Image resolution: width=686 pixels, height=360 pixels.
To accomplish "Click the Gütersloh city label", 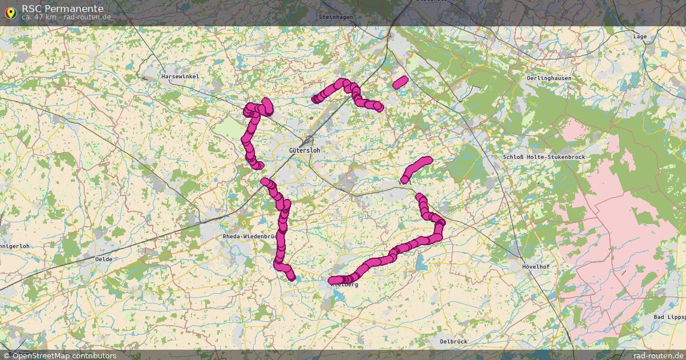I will tap(305, 150).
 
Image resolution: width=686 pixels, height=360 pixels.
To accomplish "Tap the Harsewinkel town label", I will tap(180, 76).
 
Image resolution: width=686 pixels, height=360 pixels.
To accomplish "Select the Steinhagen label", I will tap(336, 17).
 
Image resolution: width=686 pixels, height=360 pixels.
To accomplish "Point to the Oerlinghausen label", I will tap(549, 78).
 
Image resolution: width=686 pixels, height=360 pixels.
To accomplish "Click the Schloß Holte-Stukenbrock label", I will tap(544, 157).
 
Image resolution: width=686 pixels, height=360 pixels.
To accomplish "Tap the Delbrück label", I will tap(453, 341).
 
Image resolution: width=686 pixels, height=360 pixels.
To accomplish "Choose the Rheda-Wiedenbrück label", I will tap(250, 237).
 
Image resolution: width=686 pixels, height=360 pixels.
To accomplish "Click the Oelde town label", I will tap(103, 259).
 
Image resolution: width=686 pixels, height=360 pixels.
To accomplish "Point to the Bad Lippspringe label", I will tap(669, 317).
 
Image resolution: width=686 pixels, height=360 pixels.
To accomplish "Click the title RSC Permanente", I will tap(62, 9).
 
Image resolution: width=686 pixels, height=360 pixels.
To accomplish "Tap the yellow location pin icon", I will tap(10, 13).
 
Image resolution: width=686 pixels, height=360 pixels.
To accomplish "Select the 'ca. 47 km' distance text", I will tap(39, 17).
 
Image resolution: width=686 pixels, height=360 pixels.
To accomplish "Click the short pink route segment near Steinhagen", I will tap(400, 82).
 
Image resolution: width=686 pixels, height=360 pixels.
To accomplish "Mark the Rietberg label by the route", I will tap(346, 284).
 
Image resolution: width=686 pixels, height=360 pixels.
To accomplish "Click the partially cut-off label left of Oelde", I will tap(14, 246).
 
